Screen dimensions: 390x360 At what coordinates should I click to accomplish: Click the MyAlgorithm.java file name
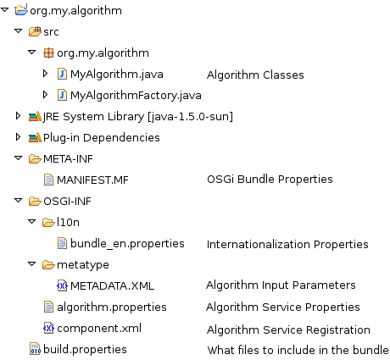pyautogui.click(x=117, y=75)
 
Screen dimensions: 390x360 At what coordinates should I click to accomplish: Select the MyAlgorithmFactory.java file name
pyautogui.click(x=136, y=96)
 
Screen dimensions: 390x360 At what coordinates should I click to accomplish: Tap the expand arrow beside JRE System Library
pyautogui.click(x=18, y=116)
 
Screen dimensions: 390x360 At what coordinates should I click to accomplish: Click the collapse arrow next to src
pyautogui.click(x=19, y=30)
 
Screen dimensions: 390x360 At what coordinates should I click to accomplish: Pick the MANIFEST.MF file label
pyautogui.click(x=92, y=180)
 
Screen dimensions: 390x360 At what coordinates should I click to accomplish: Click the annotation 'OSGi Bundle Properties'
pyautogui.click(x=270, y=180)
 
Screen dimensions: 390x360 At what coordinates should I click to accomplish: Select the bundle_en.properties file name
pyautogui.click(x=127, y=244)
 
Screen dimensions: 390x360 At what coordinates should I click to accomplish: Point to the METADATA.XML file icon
pyautogui.click(x=62, y=285)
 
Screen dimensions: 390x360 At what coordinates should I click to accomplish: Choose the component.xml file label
pyautogui.click(x=99, y=329)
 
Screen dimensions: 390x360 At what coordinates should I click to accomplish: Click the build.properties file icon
pyautogui.click(x=35, y=349)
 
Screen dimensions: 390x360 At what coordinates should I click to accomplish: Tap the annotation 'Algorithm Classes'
pyautogui.click(x=255, y=75)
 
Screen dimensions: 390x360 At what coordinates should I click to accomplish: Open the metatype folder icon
pyautogui.click(x=48, y=265)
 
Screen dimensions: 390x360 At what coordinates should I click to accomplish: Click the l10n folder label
pyautogui.click(x=68, y=222)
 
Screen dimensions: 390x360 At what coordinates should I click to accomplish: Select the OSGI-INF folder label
pyautogui.click(x=67, y=202)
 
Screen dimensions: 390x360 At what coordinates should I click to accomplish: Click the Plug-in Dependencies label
pyautogui.click(x=102, y=138)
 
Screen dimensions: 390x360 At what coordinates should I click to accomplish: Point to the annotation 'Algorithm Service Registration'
pyautogui.click(x=288, y=330)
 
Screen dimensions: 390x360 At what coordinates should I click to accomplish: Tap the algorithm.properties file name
pyautogui.click(x=112, y=307)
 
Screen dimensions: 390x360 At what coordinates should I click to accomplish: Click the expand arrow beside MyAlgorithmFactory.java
pyautogui.click(x=45, y=95)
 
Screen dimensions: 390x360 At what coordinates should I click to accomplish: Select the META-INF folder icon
pyautogui.click(x=35, y=159)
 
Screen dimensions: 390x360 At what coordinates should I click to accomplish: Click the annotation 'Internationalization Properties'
pyautogui.click(x=287, y=245)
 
